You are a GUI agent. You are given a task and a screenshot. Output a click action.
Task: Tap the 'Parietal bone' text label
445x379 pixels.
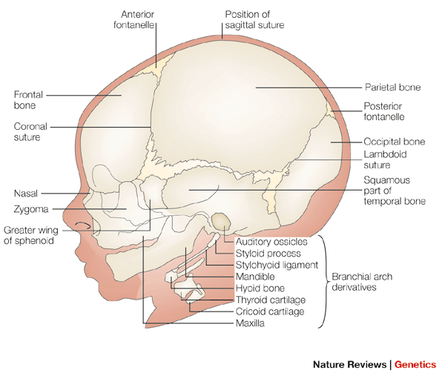(392, 87)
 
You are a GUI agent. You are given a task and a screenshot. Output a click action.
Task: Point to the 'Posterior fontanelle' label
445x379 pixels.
(386, 111)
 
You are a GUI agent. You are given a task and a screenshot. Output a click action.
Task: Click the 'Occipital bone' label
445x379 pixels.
(394, 141)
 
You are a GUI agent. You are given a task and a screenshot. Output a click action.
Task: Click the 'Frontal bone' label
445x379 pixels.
(29, 101)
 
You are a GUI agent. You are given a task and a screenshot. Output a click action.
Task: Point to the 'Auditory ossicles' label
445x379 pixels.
(270, 242)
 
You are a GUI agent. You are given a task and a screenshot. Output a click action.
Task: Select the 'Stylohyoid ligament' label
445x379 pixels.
(276, 264)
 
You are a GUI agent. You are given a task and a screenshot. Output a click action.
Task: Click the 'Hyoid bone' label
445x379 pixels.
(260, 288)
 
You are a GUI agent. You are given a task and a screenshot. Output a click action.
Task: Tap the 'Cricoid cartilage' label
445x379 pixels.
(270, 312)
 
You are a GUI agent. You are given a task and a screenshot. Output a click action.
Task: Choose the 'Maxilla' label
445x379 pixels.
(251, 323)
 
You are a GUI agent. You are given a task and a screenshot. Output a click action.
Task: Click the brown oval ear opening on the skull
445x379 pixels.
(220, 220)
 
